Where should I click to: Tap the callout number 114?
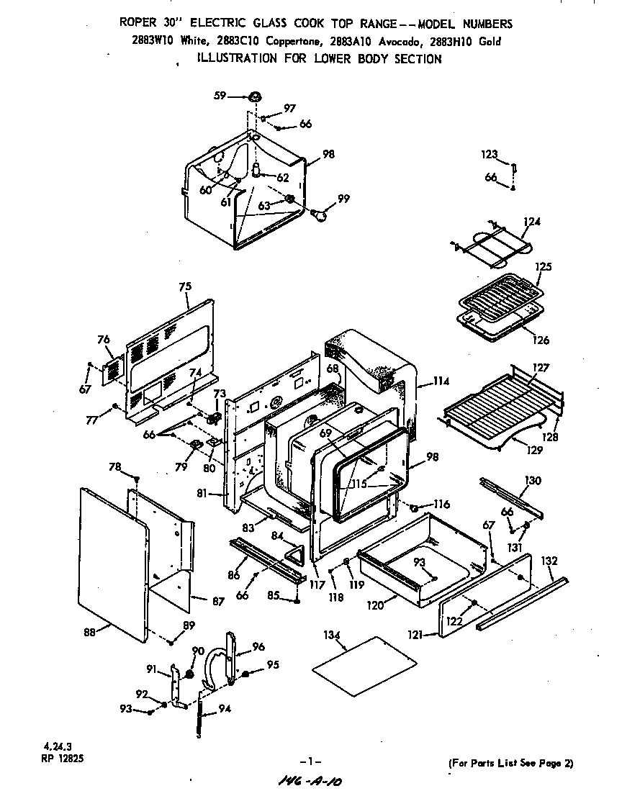[441, 381]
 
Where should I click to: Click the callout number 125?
[544, 267]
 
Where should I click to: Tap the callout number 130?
[533, 481]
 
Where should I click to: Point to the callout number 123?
[490, 154]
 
